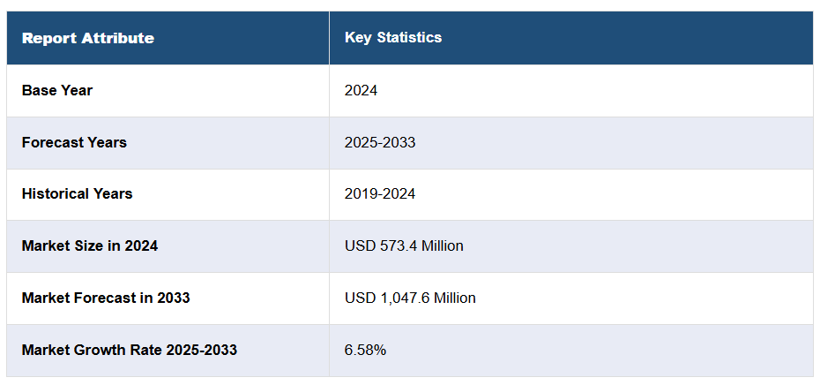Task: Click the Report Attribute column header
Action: [x=87, y=38]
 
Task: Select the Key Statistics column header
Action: [x=393, y=38]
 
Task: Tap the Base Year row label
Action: [x=57, y=90]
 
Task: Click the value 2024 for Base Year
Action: [x=361, y=90]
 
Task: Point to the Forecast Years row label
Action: [x=74, y=142]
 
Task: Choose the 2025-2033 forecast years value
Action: [x=380, y=142]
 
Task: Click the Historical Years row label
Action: [x=77, y=193]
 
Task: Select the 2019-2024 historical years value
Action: [x=380, y=193]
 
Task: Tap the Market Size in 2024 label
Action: [x=90, y=245]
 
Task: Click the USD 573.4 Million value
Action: [x=404, y=245]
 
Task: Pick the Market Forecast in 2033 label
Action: [x=106, y=298]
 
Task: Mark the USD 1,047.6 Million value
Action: [x=410, y=298]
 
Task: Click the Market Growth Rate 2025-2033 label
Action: [x=130, y=350]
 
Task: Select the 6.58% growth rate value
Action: [x=365, y=350]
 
